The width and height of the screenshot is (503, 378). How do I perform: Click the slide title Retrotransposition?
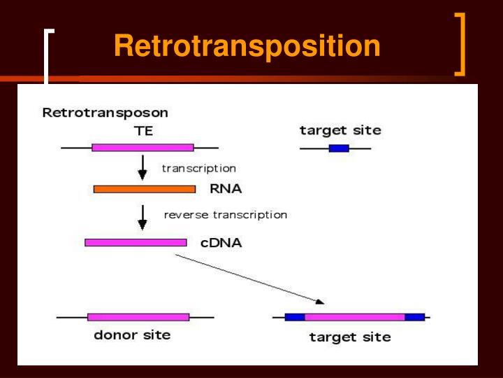[x=247, y=46]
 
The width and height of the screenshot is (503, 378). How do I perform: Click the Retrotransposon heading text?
[x=105, y=112]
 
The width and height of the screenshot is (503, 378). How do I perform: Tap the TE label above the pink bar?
[x=143, y=130]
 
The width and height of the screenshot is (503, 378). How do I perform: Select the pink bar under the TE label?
[x=143, y=148]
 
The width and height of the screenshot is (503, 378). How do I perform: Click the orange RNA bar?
[x=144, y=189]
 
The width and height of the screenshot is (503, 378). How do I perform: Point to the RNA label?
[x=226, y=188]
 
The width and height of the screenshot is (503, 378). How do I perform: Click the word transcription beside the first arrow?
[x=199, y=168]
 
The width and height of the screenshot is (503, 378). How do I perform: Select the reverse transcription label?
[x=225, y=215]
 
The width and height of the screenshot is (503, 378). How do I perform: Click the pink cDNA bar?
[x=136, y=242]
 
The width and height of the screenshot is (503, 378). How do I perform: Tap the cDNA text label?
[x=221, y=243]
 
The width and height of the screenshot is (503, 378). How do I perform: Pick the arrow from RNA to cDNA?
[x=143, y=217]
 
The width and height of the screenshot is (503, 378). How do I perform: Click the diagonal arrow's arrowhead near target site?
[x=320, y=302]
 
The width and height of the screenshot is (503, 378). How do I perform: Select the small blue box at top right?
[x=339, y=148]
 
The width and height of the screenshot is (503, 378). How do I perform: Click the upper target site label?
[x=340, y=130]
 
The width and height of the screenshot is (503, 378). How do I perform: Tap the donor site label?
[x=132, y=335]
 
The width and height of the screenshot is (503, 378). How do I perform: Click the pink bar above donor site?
[x=138, y=317]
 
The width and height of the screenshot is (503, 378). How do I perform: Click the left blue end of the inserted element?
[x=295, y=317]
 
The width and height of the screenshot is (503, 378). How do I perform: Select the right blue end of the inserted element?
[x=414, y=317]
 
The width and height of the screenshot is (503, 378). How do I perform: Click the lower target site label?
[x=350, y=337]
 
